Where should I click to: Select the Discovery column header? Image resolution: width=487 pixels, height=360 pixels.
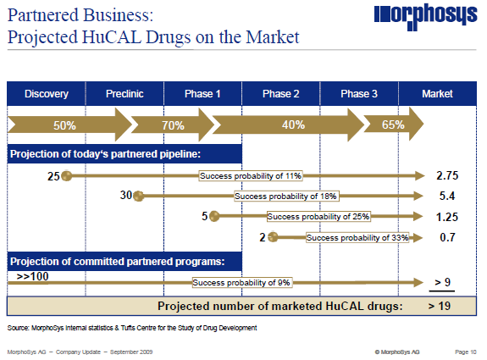46,94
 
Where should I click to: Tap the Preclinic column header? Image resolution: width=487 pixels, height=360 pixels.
125,94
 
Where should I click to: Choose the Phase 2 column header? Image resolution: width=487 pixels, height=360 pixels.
281,94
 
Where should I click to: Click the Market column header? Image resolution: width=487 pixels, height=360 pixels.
437,94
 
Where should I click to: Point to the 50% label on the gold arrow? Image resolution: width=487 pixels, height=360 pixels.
65,125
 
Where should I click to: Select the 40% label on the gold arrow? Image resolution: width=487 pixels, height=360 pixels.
293,125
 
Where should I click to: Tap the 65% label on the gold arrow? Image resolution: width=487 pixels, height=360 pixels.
392,125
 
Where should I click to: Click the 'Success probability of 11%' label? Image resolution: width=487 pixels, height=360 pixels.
251,175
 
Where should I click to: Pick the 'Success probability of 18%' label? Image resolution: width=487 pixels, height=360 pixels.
285,197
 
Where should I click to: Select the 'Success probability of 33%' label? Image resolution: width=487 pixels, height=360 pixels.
357,238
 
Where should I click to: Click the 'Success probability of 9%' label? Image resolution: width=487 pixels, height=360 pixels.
241,282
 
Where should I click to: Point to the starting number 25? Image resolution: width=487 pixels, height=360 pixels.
53,176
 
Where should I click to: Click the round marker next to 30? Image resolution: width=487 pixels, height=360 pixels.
139,197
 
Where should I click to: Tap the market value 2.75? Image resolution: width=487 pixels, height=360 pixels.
446,176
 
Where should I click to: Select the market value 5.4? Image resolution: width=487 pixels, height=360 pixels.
446,197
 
